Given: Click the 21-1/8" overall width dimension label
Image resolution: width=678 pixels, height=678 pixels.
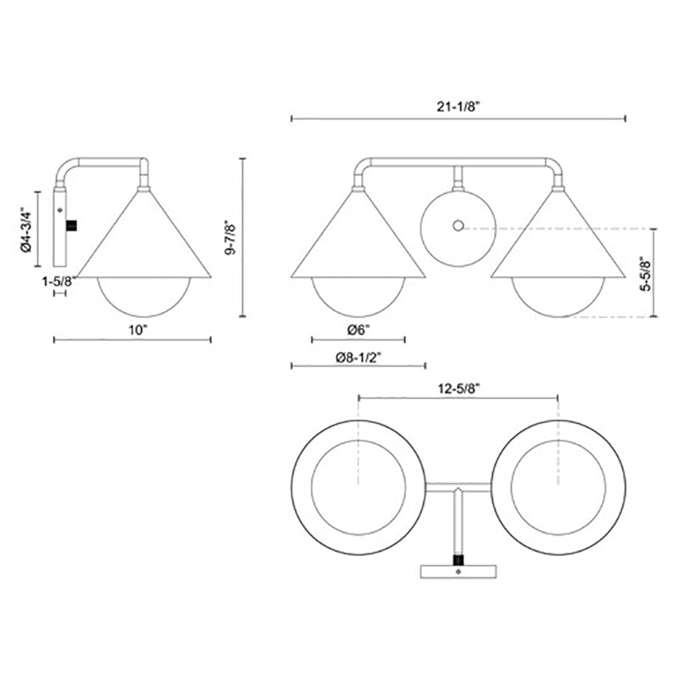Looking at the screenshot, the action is [x=458, y=107].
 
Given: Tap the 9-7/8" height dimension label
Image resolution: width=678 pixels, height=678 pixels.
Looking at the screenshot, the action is [x=231, y=237].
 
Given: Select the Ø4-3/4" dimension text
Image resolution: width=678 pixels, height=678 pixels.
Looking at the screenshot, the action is [x=26, y=230].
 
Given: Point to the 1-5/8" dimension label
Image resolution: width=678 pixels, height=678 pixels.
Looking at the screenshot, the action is [x=59, y=282].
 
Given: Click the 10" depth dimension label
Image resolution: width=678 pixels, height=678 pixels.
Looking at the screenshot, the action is [x=138, y=331].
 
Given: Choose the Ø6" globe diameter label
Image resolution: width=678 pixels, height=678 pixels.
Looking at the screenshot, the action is [x=358, y=331].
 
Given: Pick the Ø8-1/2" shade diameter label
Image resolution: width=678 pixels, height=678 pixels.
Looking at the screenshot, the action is [x=358, y=357].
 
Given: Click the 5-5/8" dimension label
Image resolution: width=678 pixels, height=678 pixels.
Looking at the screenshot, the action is [x=645, y=273].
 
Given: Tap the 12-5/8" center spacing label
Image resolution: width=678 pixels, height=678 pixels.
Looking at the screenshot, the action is [x=458, y=389].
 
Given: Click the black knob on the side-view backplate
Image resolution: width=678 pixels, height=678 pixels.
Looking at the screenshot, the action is [x=71, y=225].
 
